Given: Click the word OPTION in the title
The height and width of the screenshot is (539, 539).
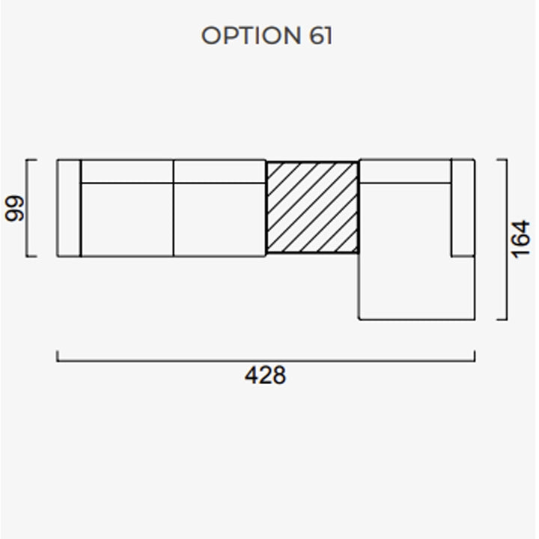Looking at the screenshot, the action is [251, 35].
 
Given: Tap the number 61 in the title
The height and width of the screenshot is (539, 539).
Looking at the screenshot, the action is [320, 35].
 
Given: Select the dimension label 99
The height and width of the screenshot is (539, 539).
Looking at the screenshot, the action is [15, 208].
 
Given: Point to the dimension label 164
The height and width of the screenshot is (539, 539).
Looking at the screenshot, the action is [520, 239].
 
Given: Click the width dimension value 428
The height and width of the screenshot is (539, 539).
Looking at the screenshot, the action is [265, 375].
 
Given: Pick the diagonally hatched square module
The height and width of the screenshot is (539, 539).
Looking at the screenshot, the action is [312, 207].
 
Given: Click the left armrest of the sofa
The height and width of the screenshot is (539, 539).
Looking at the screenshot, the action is [69, 208].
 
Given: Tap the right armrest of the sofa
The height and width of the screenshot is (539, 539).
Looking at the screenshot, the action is [463, 207].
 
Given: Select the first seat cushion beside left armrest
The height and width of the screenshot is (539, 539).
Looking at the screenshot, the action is [127, 219].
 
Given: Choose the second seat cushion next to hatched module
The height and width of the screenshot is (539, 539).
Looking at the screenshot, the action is [219, 219].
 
